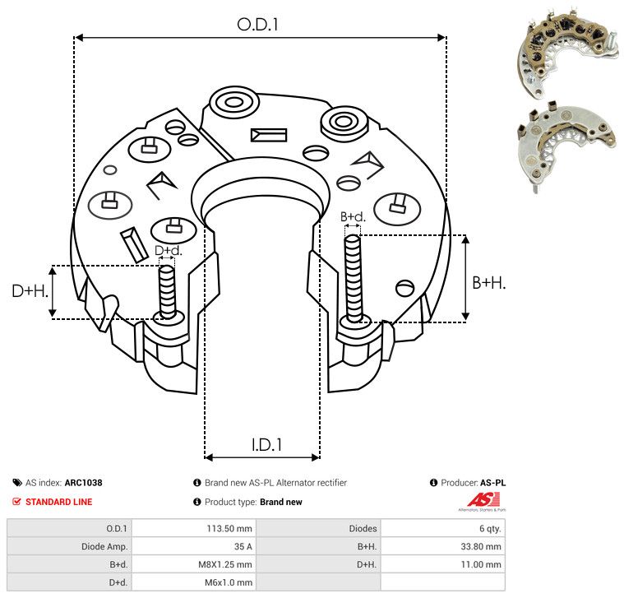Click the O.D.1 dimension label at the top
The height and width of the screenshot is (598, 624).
[x=257, y=25]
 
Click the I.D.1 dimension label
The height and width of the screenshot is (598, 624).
[x=266, y=445]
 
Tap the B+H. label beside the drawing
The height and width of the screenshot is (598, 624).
[x=488, y=283]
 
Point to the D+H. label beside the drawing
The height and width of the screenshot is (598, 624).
[x=30, y=291]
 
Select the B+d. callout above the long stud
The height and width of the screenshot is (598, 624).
[x=353, y=216]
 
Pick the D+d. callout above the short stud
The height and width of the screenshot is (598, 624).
[x=169, y=250]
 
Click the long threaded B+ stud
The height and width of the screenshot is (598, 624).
[x=354, y=279]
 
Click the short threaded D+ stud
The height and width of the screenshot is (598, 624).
[x=167, y=292]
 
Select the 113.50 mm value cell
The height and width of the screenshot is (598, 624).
[x=229, y=528]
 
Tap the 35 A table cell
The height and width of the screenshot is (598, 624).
[x=243, y=546]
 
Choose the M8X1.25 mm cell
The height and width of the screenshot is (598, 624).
[x=224, y=564]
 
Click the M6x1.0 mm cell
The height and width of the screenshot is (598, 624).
[x=229, y=582]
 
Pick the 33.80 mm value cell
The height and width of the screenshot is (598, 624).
[x=481, y=546]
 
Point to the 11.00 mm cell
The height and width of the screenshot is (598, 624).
[x=481, y=564]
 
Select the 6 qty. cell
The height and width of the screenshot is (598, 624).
[x=490, y=528]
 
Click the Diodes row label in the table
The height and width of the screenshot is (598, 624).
[x=363, y=528]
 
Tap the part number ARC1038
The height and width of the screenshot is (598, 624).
[x=84, y=483]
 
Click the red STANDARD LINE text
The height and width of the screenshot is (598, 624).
[x=59, y=502]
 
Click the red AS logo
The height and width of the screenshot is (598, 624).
[x=483, y=500]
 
